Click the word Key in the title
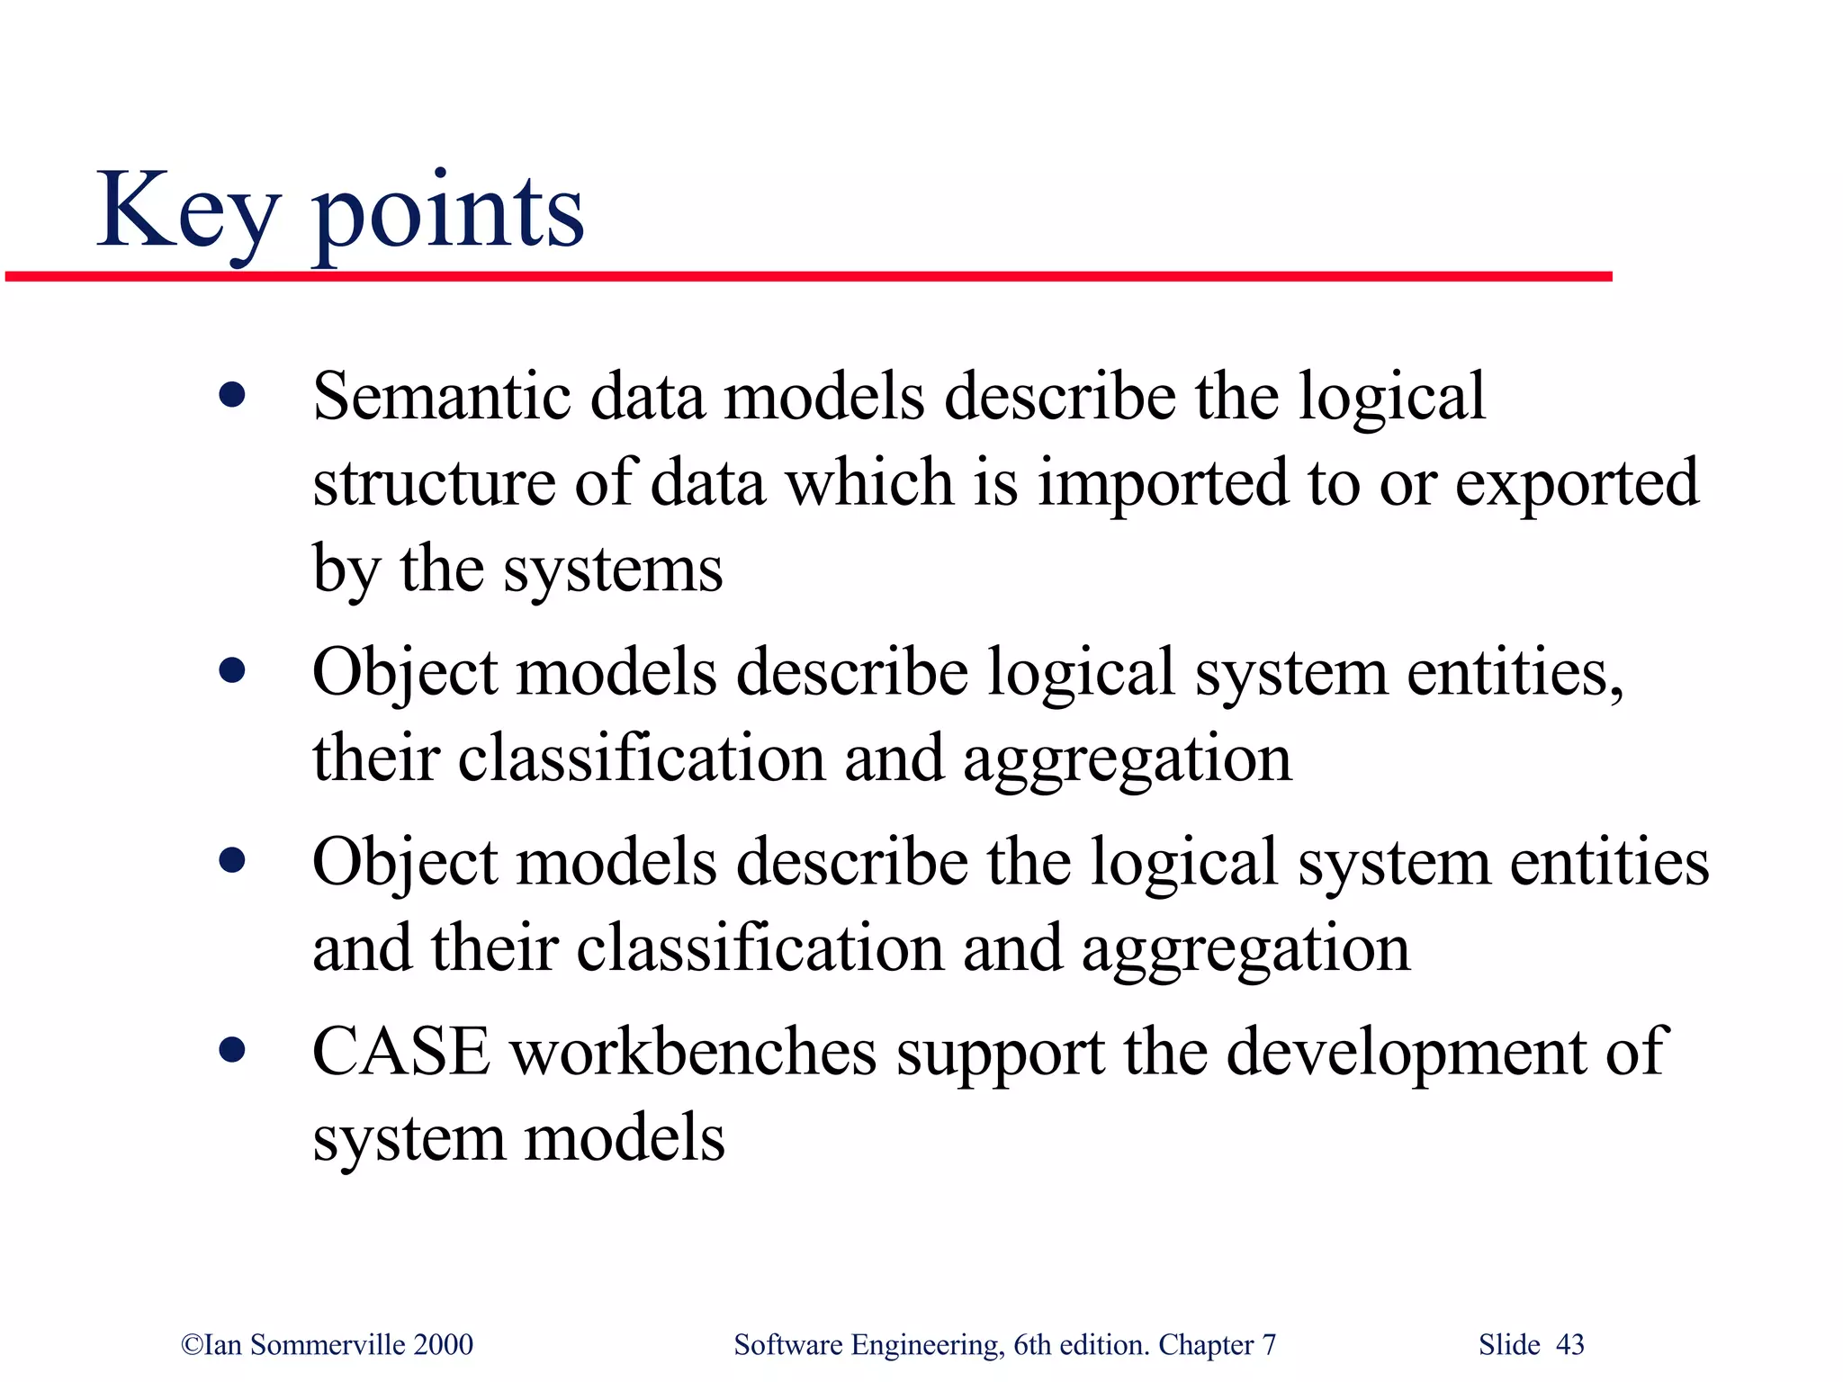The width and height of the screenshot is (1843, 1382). (x=187, y=211)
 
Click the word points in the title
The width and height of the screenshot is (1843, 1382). (x=448, y=216)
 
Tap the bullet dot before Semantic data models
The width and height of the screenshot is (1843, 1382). (x=232, y=395)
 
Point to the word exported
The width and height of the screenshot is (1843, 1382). (x=1577, y=484)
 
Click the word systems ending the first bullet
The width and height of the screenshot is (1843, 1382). (x=612, y=570)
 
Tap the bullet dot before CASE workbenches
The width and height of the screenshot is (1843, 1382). (x=232, y=1049)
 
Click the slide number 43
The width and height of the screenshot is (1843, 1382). (x=1569, y=1344)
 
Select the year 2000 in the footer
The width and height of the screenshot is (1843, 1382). (x=443, y=1344)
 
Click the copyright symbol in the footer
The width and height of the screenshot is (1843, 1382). (x=192, y=1345)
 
